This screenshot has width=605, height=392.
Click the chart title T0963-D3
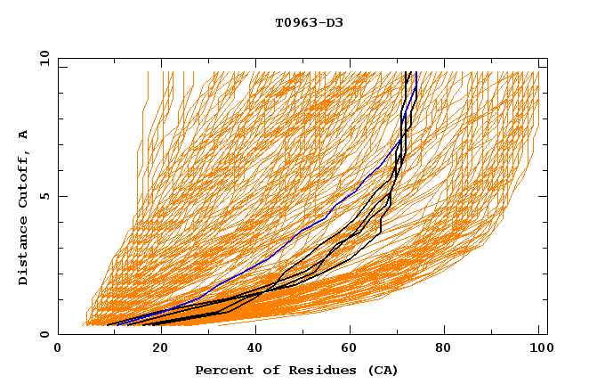click(309, 23)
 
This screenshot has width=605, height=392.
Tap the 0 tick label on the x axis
click(58, 350)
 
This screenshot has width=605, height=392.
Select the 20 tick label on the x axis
click(154, 350)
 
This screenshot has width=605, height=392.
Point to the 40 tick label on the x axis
click(250, 350)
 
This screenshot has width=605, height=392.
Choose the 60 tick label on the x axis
click(346, 350)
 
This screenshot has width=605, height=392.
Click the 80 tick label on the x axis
click(442, 350)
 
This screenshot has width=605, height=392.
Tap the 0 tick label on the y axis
click(44, 335)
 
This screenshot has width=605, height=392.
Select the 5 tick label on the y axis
click(44, 196)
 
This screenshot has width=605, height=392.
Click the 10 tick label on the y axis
click(40, 58)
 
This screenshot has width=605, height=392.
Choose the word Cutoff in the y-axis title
click(24, 177)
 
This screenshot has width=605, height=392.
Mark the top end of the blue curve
click(416, 72)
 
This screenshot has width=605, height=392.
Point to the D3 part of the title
click(335, 23)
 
